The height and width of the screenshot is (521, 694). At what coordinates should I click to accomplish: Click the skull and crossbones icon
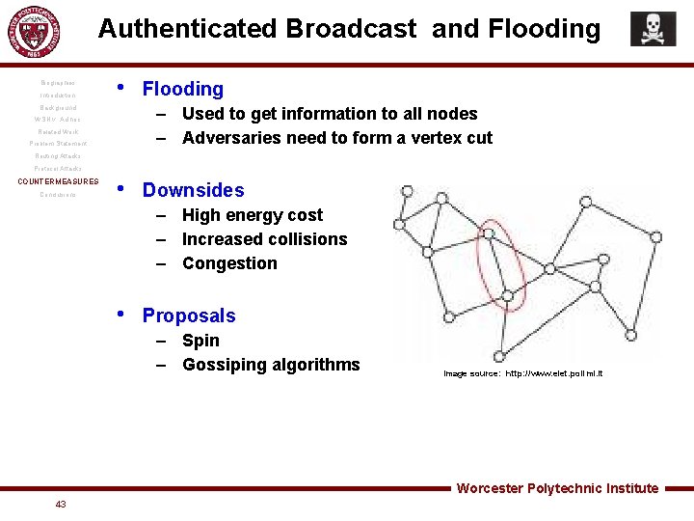tap(653, 29)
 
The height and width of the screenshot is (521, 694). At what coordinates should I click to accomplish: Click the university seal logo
tap(33, 34)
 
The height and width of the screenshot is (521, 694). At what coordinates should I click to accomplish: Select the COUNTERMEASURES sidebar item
tap(58, 181)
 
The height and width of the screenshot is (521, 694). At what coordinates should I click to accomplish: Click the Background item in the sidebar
tap(58, 108)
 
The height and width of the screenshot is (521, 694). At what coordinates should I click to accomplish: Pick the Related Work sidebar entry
tap(58, 132)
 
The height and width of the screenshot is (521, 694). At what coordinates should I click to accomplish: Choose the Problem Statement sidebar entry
tap(58, 144)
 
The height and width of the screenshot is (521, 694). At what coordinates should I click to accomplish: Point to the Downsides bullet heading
tap(193, 190)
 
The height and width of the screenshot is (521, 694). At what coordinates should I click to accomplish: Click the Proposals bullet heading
tap(188, 315)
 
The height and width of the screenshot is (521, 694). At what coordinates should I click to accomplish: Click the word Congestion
tap(229, 263)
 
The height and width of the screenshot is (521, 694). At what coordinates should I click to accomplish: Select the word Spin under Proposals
tap(200, 341)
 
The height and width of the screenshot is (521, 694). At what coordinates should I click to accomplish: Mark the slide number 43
tap(61, 505)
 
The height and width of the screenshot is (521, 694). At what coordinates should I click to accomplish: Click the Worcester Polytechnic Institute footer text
tap(557, 488)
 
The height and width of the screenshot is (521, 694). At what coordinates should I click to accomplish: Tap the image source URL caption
tap(522, 373)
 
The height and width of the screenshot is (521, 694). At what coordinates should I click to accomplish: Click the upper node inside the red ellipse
tap(491, 233)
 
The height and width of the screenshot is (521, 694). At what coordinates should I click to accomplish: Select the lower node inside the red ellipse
tap(506, 296)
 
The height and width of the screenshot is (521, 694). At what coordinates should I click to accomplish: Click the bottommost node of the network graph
tap(499, 356)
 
